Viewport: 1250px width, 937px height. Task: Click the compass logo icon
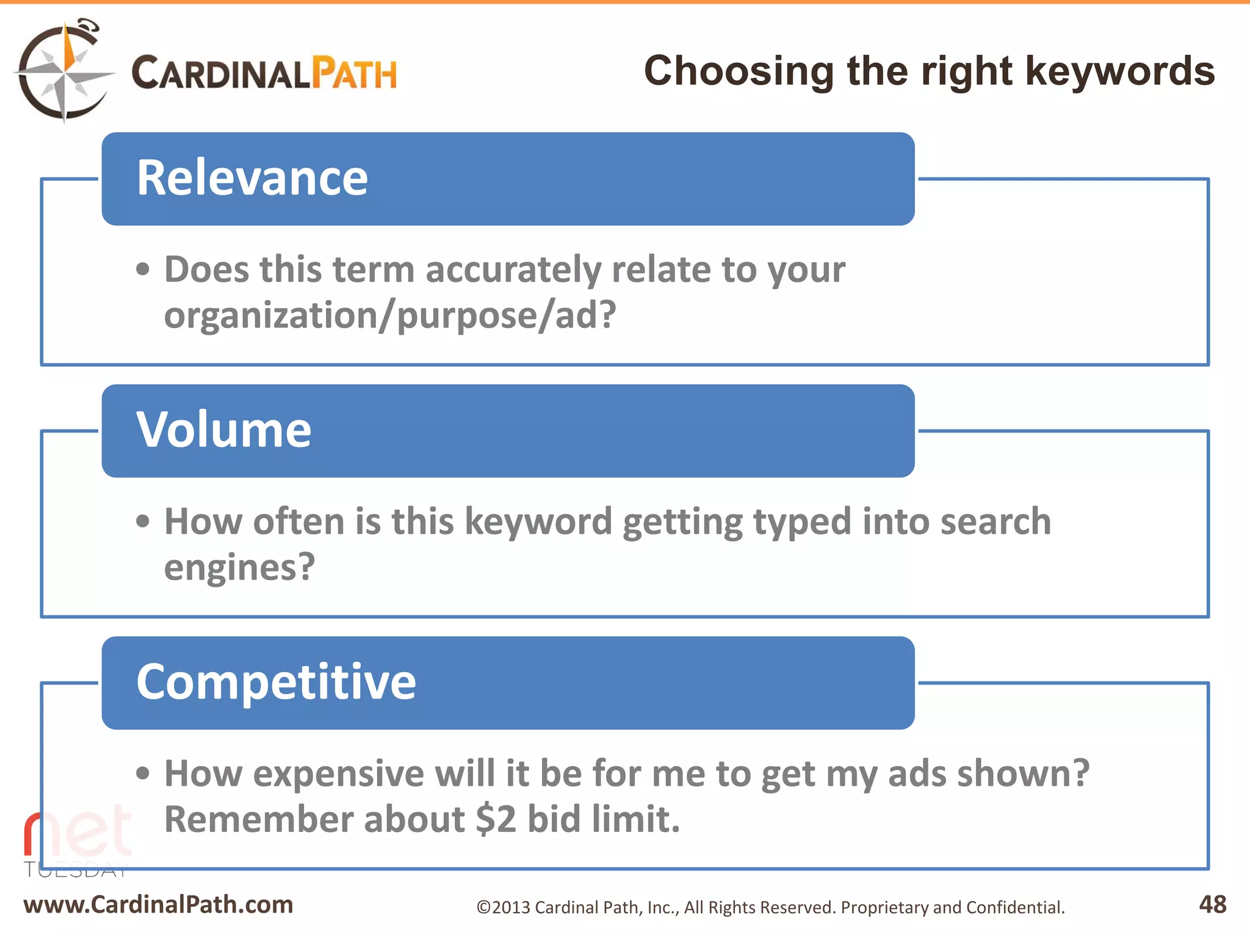tap(64, 72)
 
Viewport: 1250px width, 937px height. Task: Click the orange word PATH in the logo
tap(354, 74)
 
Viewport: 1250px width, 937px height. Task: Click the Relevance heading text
tap(252, 178)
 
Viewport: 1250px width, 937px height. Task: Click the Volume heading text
tap(223, 430)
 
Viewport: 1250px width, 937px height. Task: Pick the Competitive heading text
tap(276, 682)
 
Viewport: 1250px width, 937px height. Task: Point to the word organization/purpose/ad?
tap(390, 315)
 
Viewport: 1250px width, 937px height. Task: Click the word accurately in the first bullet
tap(513, 270)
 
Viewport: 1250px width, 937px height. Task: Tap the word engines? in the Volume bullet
tap(239, 567)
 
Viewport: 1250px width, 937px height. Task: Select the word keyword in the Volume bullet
tap(538, 522)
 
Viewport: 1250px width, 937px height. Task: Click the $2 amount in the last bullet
tap(496, 819)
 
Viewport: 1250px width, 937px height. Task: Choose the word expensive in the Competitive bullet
tap(338, 774)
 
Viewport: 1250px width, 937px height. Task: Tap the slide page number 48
tap(1212, 905)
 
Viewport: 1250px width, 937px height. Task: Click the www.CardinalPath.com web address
tap(158, 905)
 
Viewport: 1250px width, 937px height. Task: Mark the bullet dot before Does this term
tap(142, 270)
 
